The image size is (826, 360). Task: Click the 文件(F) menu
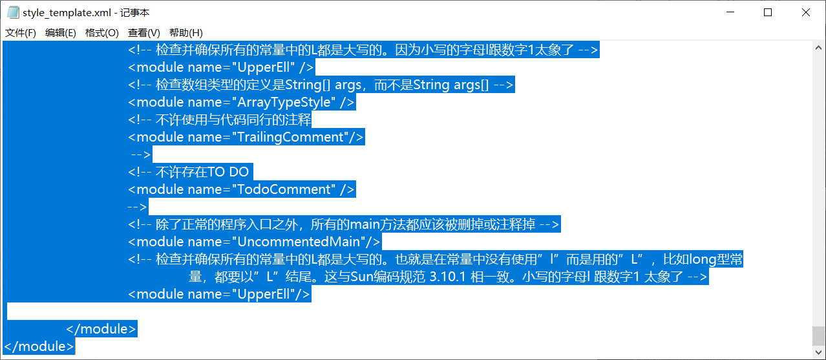pos(21,33)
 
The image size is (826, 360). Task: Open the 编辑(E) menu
pos(60,33)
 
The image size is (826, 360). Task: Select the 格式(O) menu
pos(101,33)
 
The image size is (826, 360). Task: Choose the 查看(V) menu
pos(143,33)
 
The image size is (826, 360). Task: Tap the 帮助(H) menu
pos(185,33)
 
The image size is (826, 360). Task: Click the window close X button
pos(806,12)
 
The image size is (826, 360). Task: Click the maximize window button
pos(768,12)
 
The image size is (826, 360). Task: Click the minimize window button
pos(730,12)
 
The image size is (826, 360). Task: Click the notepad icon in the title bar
pos(12,12)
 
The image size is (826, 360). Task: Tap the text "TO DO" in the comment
pos(228,172)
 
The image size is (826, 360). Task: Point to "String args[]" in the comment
pos(451,85)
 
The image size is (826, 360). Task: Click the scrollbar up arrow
pos(819,47)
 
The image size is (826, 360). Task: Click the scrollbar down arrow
pos(819,353)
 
